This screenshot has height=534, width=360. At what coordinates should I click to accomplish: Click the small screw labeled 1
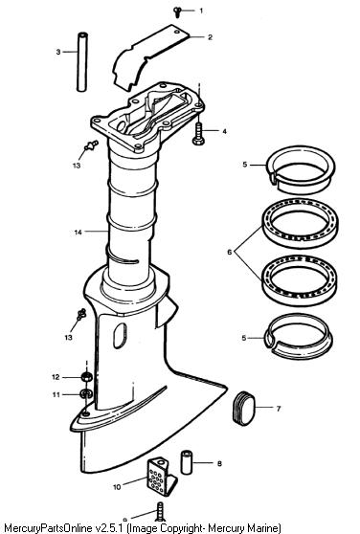[177, 12]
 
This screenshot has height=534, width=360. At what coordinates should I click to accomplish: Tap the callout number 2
[210, 37]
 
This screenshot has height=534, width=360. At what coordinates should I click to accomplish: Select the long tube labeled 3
[82, 61]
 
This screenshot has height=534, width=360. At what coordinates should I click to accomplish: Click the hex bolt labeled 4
[198, 134]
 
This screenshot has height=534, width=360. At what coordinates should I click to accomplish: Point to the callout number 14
[78, 233]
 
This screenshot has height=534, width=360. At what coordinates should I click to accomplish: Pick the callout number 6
[230, 252]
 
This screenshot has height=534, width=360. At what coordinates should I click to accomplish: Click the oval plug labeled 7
[243, 408]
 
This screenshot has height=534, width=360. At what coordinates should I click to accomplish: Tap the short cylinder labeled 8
[187, 462]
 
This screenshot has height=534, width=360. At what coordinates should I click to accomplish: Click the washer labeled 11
[85, 394]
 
